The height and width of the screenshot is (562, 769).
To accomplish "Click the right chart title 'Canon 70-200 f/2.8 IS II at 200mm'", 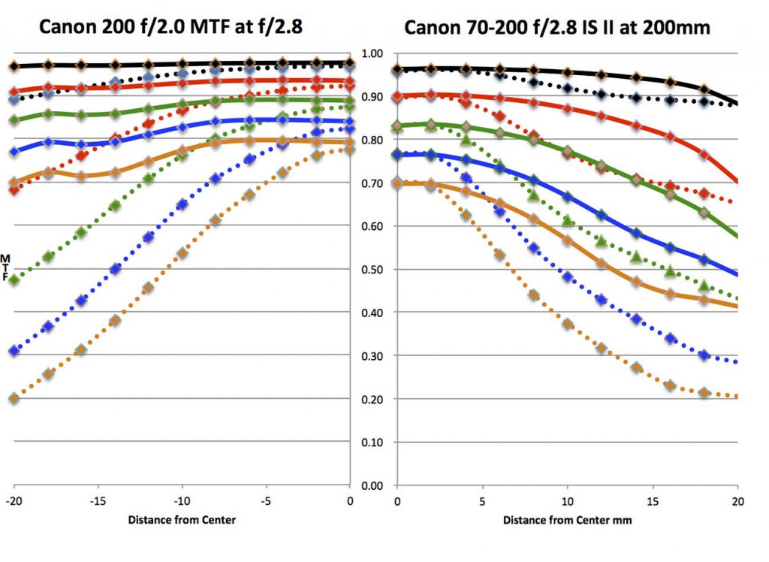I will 557,28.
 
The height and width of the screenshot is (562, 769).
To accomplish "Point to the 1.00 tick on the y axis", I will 372,54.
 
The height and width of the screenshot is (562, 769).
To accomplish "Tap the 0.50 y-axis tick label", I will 372,270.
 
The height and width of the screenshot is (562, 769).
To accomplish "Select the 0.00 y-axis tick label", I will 372,486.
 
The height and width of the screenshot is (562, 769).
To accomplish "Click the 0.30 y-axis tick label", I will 372,356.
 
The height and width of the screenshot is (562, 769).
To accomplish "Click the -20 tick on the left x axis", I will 13,500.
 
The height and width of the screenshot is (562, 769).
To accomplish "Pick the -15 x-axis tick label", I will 97,500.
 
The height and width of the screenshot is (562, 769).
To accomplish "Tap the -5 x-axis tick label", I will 265,500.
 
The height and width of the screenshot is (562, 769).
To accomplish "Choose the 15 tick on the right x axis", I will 652,500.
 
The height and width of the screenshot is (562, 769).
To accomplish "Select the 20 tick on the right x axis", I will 737,500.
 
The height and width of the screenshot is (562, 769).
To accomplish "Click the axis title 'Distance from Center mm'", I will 567,520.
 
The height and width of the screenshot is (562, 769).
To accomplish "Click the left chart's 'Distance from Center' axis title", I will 181,520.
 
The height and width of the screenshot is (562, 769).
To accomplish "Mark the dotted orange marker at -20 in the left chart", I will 14,398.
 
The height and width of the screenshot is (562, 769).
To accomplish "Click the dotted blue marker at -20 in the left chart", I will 14,351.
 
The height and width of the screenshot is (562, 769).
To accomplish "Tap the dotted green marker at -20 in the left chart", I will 14,280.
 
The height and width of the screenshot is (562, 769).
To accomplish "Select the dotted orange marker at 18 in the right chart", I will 704,393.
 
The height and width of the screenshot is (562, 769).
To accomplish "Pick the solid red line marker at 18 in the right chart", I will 704,154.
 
